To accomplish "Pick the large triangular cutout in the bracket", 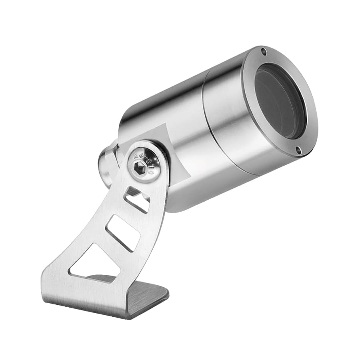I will coord(95,262).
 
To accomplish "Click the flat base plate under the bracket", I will coord(144,298).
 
